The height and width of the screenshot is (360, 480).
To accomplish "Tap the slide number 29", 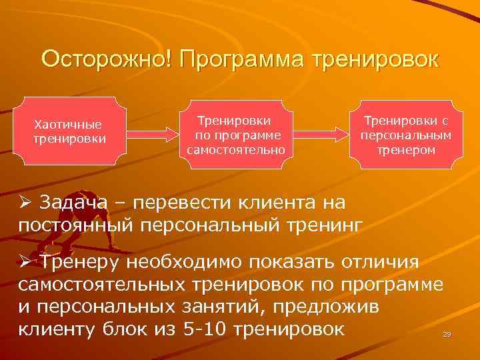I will [x=447, y=333].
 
